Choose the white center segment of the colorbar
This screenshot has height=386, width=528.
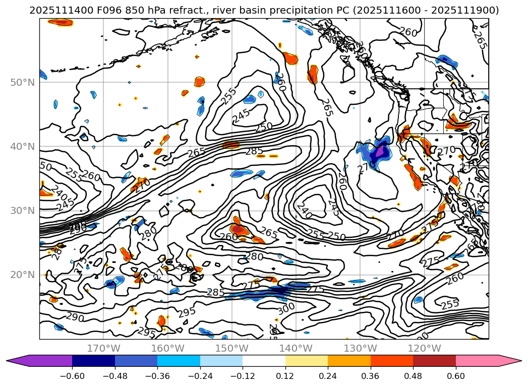(264, 361)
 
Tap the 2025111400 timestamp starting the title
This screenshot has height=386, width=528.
(52, 10)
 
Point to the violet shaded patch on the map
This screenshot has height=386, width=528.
(380, 152)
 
